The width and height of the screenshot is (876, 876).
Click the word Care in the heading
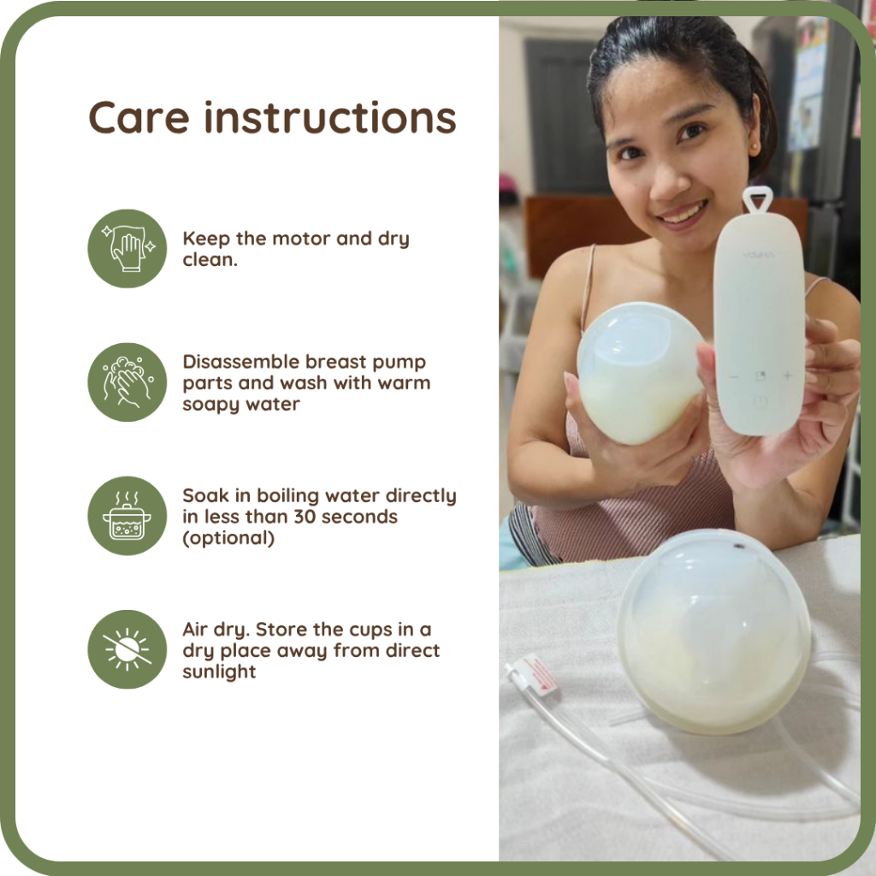(x=139, y=118)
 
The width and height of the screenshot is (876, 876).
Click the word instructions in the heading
(x=330, y=118)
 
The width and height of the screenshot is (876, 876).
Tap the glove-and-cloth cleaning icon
(x=127, y=249)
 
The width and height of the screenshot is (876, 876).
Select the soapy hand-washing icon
(x=127, y=382)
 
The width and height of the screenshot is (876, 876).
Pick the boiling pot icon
(x=127, y=516)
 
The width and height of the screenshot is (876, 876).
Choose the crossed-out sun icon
(x=127, y=649)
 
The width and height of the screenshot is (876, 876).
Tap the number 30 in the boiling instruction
(x=305, y=517)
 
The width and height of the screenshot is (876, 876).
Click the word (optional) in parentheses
(x=228, y=538)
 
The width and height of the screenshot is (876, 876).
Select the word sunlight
(x=219, y=672)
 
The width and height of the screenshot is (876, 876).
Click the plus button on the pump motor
(x=788, y=376)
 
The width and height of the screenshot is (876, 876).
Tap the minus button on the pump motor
(x=734, y=377)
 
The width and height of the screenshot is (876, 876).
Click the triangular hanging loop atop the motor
(x=758, y=199)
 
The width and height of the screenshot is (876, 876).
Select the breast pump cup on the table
(x=713, y=631)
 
